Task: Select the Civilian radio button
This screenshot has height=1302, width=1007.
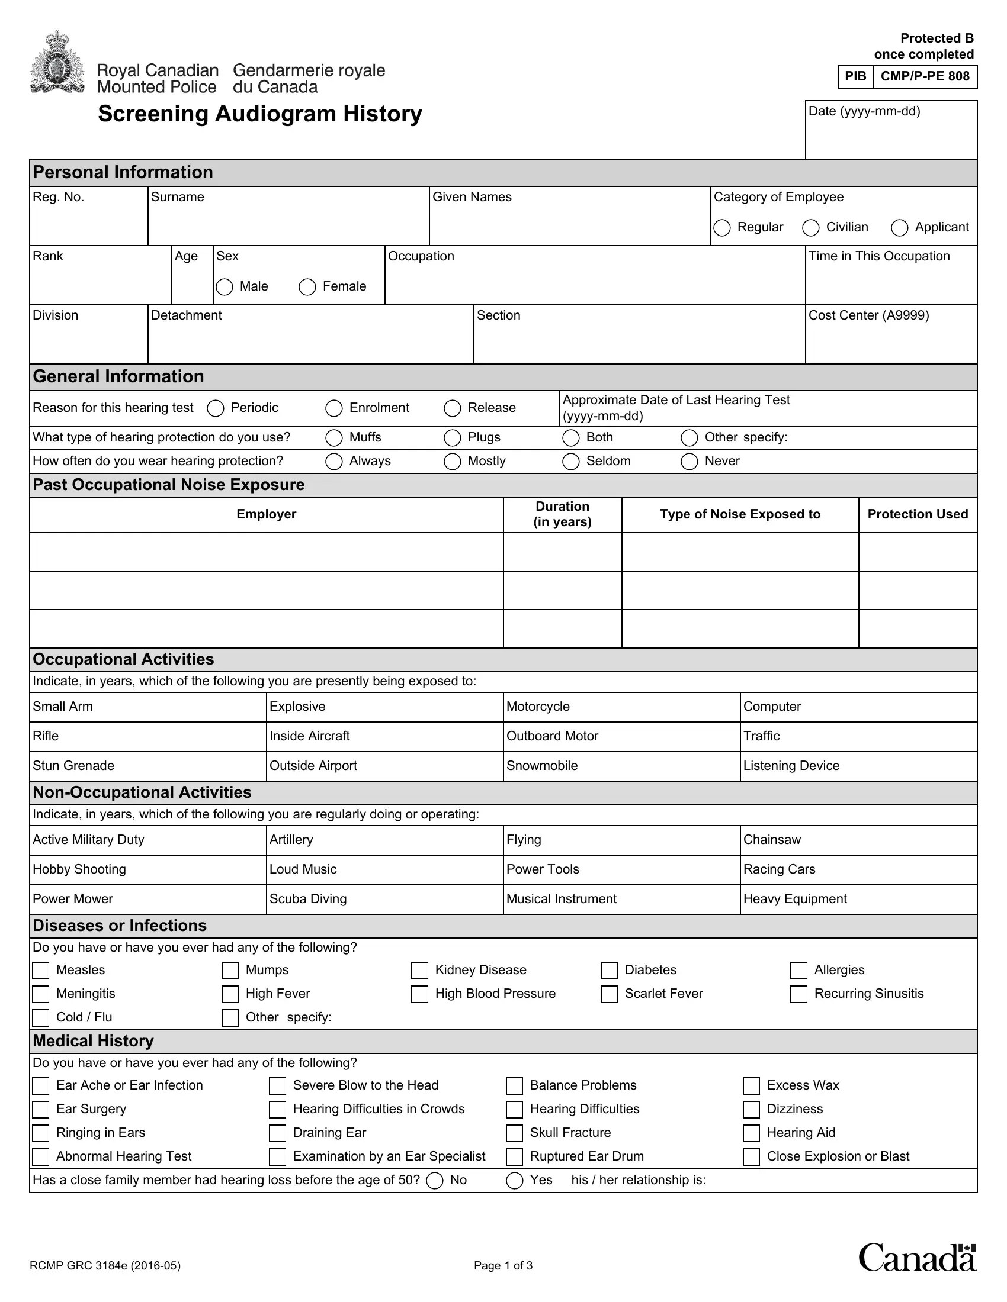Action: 810,228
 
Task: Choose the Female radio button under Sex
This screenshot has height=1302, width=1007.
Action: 307,287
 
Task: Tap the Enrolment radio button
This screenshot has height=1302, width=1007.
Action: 333,408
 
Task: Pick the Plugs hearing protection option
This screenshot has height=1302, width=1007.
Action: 452,437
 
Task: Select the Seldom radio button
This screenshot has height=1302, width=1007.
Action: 570,462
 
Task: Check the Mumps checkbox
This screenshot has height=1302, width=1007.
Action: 230,970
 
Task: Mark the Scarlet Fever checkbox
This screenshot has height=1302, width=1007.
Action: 608,994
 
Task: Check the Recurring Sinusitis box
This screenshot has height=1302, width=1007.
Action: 798,994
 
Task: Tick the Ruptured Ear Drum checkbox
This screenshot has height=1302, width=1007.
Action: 514,1156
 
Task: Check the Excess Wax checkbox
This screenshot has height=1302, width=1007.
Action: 751,1085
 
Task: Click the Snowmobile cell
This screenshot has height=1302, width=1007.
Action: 621,766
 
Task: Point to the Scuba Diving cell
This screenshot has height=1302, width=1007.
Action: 384,899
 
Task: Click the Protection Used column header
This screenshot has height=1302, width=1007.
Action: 917,514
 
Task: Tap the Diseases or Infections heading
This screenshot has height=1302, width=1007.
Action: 120,925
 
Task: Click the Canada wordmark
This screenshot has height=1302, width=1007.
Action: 916,1258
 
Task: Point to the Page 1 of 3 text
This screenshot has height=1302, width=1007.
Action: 503,1266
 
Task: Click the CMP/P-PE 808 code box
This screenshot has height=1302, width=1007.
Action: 925,76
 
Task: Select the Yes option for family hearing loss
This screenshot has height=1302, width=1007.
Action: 514,1181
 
